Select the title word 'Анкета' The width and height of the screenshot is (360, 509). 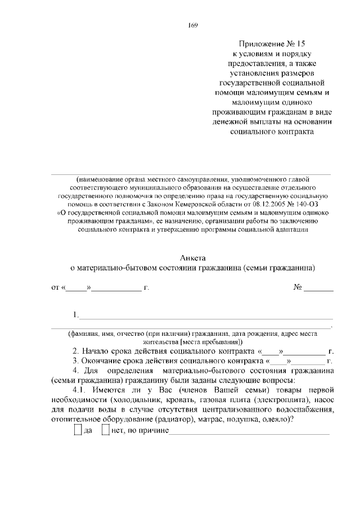(x=191, y=256)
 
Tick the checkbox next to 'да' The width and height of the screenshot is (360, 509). (x=78, y=430)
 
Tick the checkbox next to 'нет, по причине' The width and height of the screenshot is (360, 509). (x=105, y=430)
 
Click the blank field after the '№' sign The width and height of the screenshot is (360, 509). (x=318, y=289)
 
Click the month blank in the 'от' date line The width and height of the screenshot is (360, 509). (x=116, y=289)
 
